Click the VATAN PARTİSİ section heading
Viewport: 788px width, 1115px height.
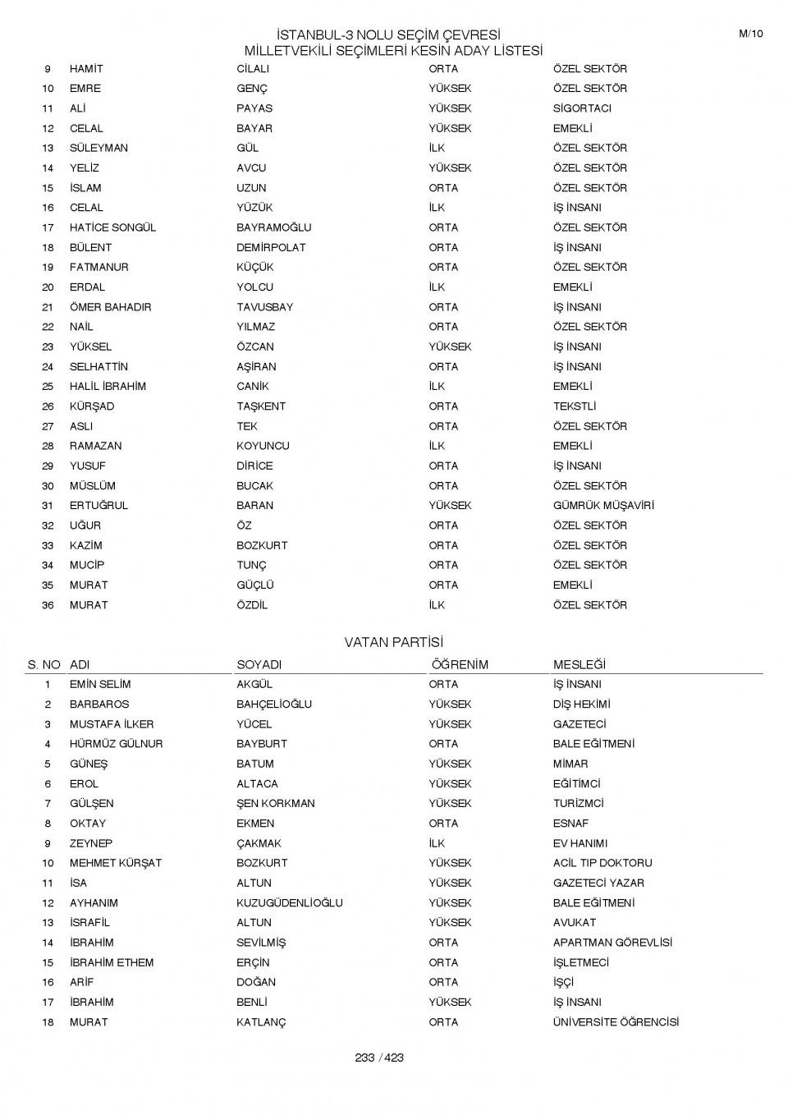pos(393,642)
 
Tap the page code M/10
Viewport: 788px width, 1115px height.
pos(750,34)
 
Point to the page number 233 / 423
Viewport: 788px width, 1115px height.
pos(379,1058)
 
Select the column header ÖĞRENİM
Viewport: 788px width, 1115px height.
pos(460,664)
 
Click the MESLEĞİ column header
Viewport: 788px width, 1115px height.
pos(580,664)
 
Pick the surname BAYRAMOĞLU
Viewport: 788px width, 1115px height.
pos(274,227)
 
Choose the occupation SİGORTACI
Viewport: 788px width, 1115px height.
pos(582,108)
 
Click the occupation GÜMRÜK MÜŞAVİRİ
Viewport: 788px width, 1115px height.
pos(603,506)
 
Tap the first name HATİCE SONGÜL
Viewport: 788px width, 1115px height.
pos(112,227)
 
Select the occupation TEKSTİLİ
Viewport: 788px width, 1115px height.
pos(575,406)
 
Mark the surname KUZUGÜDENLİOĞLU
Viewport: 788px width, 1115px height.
pos(290,903)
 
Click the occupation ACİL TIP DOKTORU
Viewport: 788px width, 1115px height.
pos(602,863)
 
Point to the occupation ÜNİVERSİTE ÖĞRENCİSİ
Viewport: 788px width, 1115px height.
pos(616,1022)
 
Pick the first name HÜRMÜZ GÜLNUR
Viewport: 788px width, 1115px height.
pos(116,744)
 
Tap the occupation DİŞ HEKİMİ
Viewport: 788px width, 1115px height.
pos(581,704)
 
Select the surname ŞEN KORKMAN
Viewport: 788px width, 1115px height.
pos(276,804)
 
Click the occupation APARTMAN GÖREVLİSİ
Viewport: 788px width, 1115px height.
pos(612,943)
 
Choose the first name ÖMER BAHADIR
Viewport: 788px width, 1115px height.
pos(110,307)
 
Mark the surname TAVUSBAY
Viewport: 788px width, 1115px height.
pos(264,307)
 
